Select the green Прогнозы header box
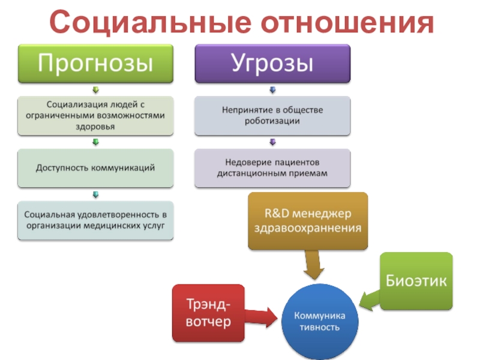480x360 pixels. [95, 63]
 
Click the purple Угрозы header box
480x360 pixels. [272, 63]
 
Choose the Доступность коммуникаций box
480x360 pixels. [95, 167]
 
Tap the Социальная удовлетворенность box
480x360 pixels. [95, 220]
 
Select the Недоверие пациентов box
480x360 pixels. [272, 167]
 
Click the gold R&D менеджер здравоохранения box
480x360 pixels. [308, 221]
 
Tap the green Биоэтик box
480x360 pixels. [416, 280]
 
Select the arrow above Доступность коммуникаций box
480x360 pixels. [95, 142]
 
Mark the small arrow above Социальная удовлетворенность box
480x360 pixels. [95, 195]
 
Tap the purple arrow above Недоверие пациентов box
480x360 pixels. [272, 142]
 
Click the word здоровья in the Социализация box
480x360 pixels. [95, 127]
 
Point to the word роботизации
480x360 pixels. [272, 121]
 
